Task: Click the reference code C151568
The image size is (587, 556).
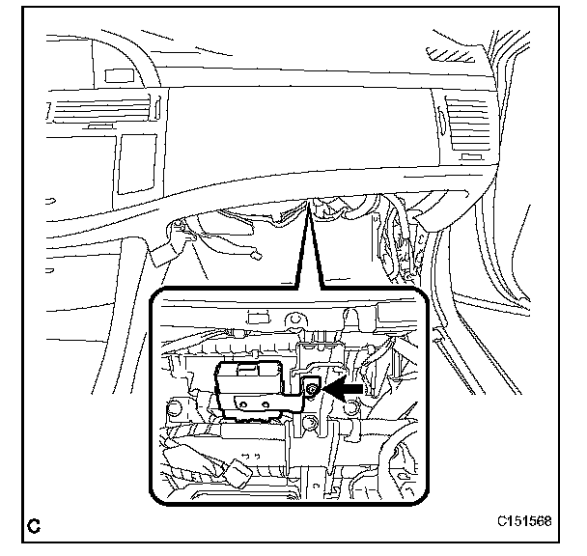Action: point(524,522)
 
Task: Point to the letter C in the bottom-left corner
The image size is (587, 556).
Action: point(35,526)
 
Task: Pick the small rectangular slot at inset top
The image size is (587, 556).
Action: point(257,316)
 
